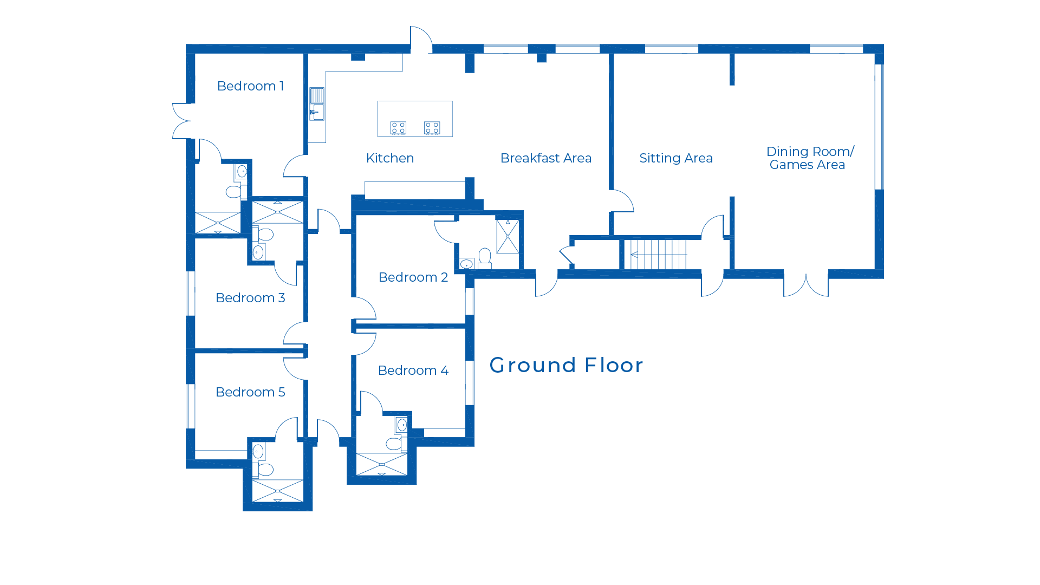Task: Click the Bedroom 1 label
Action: pyautogui.click(x=250, y=86)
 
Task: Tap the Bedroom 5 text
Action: pyautogui.click(x=250, y=392)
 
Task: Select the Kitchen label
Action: pyautogui.click(x=390, y=158)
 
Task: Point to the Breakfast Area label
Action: pyautogui.click(x=545, y=158)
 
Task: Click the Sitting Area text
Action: pyautogui.click(x=675, y=158)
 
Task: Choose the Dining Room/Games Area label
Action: pyautogui.click(x=810, y=158)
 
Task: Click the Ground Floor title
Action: pyautogui.click(x=566, y=366)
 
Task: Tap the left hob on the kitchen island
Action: pyautogui.click(x=398, y=128)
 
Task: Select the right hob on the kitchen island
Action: pyautogui.click(x=432, y=128)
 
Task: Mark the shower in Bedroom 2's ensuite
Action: pyautogui.click(x=508, y=236)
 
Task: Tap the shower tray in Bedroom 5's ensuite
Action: pyautogui.click(x=277, y=491)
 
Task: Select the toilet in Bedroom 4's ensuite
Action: pyautogui.click(x=394, y=444)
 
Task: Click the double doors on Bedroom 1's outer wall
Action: pyautogui.click(x=181, y=121)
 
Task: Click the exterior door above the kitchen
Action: pyautogui.click(x=421, y=40)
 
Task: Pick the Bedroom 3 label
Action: pyautogui.click(x=250, y=298)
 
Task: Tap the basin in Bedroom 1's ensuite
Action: pyautogui.click(x=242, y=172)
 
